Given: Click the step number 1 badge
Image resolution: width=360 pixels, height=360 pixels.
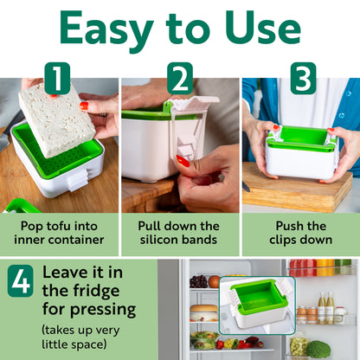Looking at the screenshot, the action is tap(57, 78).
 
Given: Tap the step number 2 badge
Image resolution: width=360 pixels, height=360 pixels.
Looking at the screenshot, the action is tap(180, 78).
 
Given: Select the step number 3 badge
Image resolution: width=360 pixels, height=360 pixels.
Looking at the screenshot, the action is tap(303, 78).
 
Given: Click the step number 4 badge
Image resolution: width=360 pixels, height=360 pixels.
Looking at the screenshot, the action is tap(21, 280).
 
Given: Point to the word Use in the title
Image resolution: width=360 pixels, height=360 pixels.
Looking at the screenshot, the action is tap(263, 29).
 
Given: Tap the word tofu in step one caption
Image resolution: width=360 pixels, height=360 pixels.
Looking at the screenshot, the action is tap(59, 226).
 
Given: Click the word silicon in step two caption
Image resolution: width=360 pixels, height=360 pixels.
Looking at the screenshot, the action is tap(162, 240).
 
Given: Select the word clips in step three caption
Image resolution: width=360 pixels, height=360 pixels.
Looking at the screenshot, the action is tap(283, 241).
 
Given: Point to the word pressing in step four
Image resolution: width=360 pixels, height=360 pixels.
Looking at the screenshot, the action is tap(103, 310).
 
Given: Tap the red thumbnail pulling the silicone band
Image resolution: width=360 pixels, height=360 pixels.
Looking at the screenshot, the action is tap(183, 161).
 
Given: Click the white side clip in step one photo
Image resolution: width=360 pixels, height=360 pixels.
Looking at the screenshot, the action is tap(77, 179).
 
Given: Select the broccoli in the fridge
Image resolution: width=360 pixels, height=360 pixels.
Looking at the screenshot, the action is tap(318, 350).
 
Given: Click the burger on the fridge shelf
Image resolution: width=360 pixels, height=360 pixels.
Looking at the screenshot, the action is tap(204, 312).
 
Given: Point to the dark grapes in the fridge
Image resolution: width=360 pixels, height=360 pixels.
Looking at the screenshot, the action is tap(198, 281).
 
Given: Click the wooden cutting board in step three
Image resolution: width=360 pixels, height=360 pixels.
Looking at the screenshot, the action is tap(298, 187).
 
